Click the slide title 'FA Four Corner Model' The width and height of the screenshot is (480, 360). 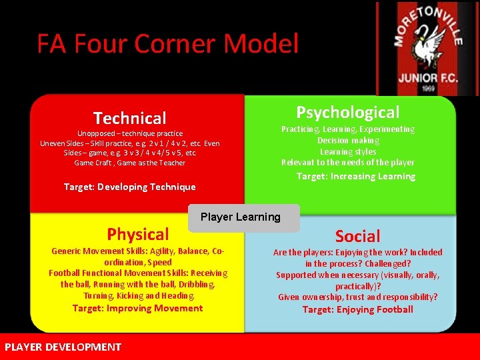[167, 44]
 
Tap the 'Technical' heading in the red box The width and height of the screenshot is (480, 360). [129, 119]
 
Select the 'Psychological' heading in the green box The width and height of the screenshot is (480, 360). [347, 112]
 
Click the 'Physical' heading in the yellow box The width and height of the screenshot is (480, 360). [138, 234]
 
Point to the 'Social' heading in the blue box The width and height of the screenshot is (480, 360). [357, 236]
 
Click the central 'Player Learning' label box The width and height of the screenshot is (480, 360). [241, 217]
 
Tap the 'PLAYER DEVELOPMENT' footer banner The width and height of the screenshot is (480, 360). [63, 347]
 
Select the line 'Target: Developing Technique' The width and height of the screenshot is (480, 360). [129, 187]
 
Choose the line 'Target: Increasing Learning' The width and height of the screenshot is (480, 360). [355, 176]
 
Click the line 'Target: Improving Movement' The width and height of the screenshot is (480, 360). [137, 308]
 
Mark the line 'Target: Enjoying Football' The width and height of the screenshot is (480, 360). [357, 309]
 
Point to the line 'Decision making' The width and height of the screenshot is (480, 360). [348, 141]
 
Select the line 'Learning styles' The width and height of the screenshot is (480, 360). [348, 152]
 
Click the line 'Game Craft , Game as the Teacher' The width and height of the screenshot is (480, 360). [129, 163]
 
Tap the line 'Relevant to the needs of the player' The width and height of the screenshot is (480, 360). [348, 163]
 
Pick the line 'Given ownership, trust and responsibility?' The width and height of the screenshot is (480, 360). [357, 297]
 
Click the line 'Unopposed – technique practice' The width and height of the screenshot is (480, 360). [129, 133]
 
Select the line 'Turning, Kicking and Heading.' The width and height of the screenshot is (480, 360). [139, 296]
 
